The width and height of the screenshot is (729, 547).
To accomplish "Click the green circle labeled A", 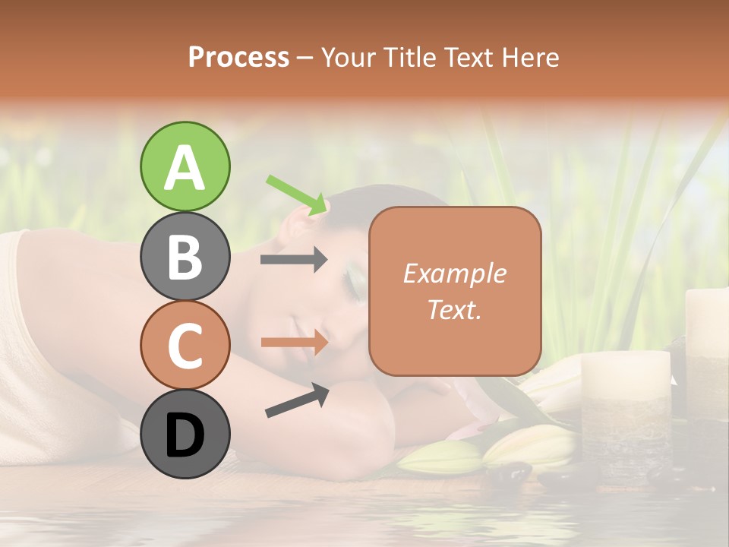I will click(x=185, y=166).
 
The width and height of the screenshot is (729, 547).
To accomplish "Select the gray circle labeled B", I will click(x=185, y=256).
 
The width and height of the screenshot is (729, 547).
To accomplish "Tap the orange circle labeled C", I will click(x=185, y=345).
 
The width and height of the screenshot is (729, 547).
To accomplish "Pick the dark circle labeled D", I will click(x=185, y=434).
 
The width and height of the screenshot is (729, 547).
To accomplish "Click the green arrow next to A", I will click(x=298, y=194).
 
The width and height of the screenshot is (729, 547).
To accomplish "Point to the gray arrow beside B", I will click(x=294, y=260).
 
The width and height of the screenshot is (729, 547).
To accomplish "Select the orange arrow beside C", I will click(x=294, y=342).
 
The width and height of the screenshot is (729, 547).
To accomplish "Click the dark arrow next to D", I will click(x=297, y=400).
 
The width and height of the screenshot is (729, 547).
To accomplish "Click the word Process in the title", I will click(x=238, y=57).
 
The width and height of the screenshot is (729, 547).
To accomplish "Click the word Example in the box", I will click(x=454, y=273).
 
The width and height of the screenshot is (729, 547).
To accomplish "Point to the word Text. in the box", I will click(x=454, y=309).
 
